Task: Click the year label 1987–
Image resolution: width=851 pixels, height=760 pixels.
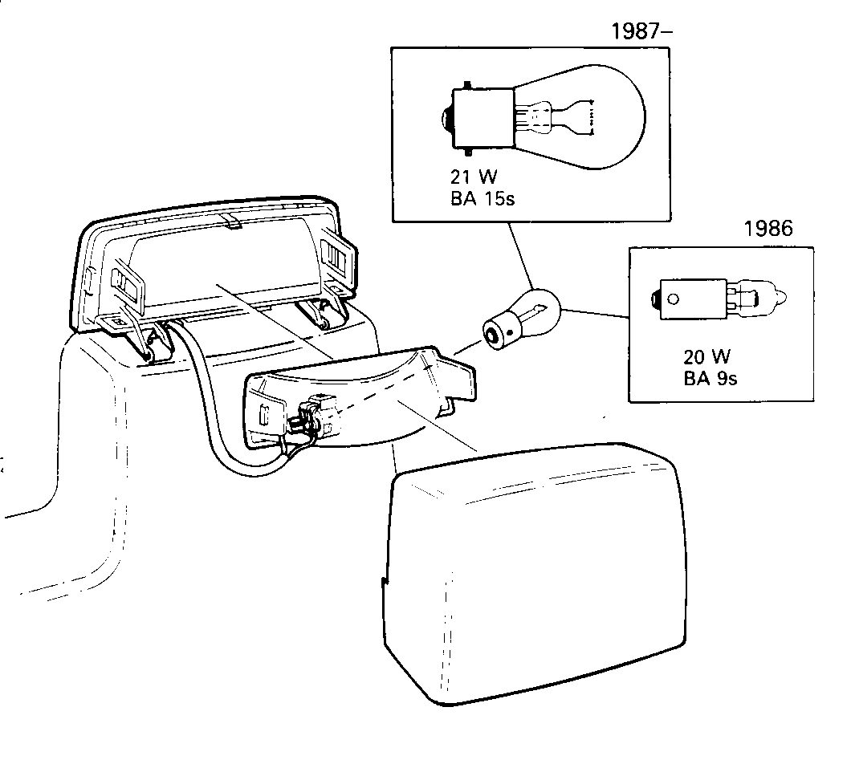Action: pyautogui.click(x=641, y=31)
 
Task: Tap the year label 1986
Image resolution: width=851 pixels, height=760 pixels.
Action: pyautogui.click(x=768, y=229)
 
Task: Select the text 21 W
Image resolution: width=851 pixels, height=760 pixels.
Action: pyautogui.click(x=474, y=177)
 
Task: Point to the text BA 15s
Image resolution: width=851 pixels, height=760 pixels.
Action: pyautogui.click(x=483, y=198)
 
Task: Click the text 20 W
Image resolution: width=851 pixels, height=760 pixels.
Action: pyautogui.click(x=706, y=356)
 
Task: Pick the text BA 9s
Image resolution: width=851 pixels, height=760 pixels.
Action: pyautogui.click(x=711, y=378)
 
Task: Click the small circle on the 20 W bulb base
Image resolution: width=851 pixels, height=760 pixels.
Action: pyautogui.click(x=674, y=299)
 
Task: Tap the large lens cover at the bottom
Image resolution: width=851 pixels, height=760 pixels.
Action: pyautogui.click(x=535, y=573)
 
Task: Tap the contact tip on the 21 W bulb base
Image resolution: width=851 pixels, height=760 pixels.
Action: pyautogui.click(x=446, y=118)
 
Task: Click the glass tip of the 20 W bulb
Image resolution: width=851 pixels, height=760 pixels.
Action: pyautogui.click(x=781, y=297)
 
